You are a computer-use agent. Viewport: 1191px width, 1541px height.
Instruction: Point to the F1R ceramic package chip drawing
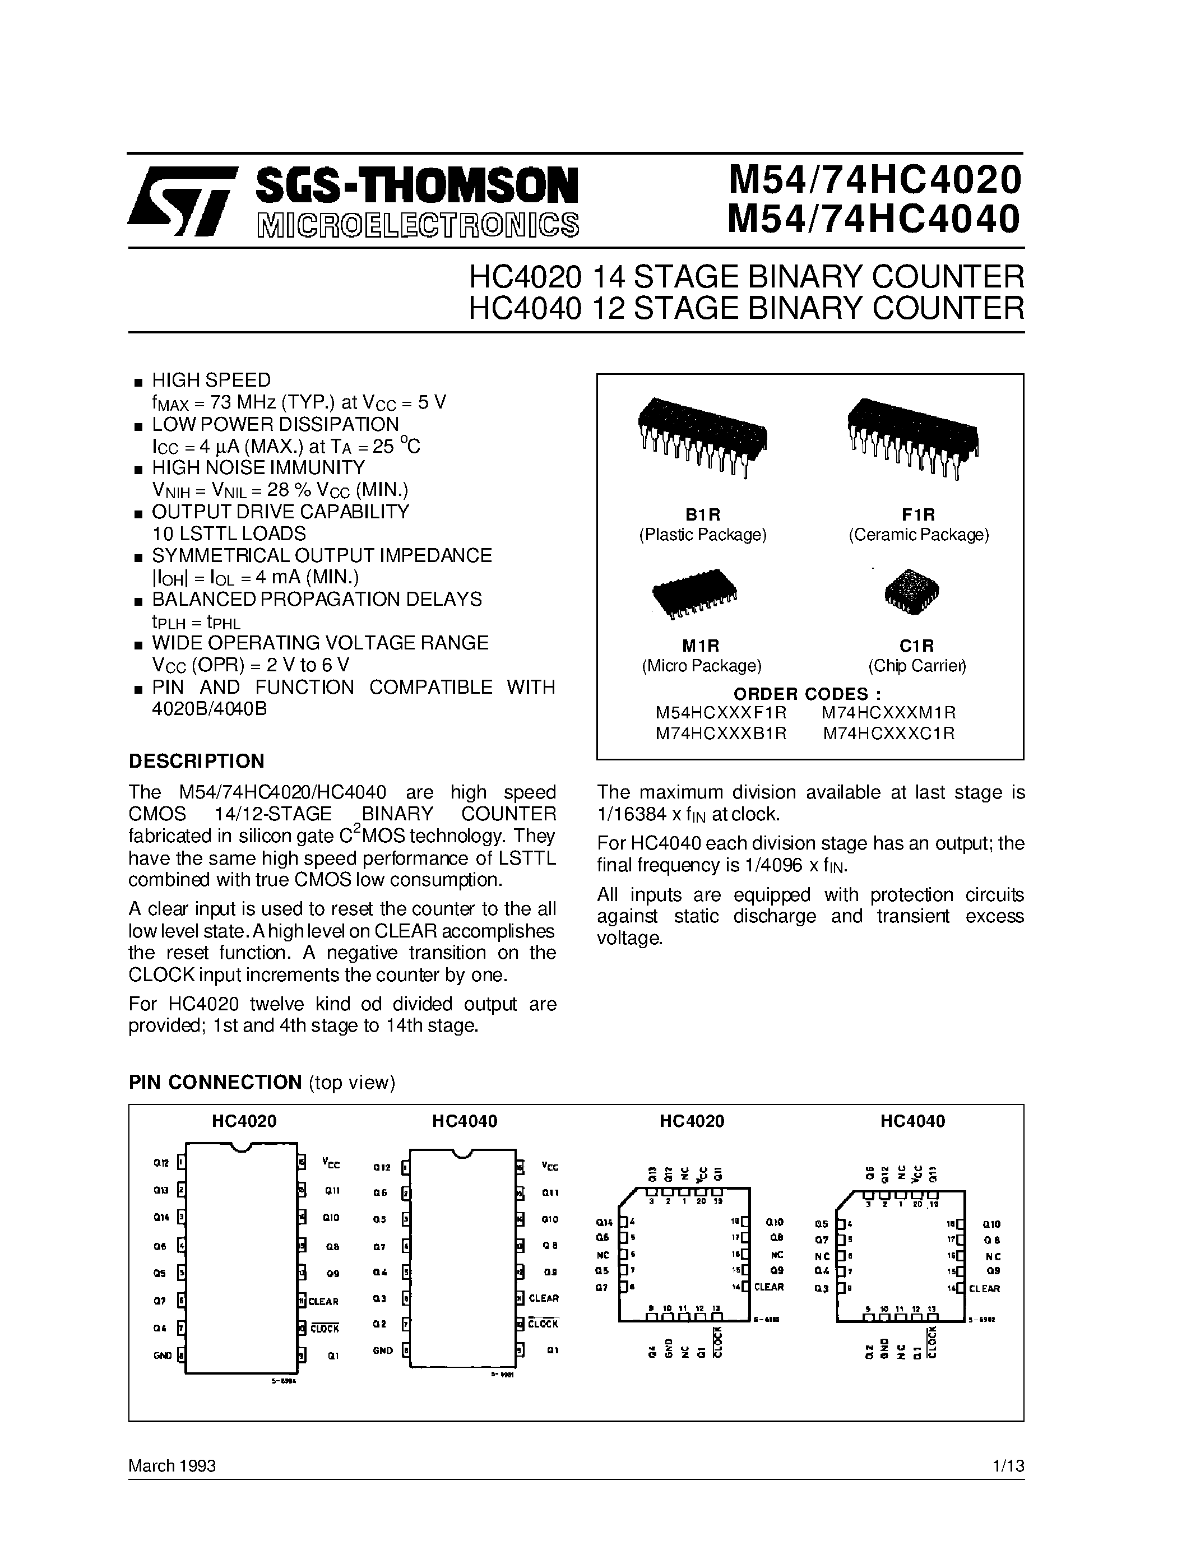(913, 438)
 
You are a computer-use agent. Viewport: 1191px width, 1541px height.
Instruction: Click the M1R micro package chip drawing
(695, 593)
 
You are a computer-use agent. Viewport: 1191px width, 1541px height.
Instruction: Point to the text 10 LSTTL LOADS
(229, 533)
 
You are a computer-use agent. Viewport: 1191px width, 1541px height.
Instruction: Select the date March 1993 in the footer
(172, 1466)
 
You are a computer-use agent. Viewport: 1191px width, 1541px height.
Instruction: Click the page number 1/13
(1008, 1466)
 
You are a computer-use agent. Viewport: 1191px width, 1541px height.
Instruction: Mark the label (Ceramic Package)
(918, 535)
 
